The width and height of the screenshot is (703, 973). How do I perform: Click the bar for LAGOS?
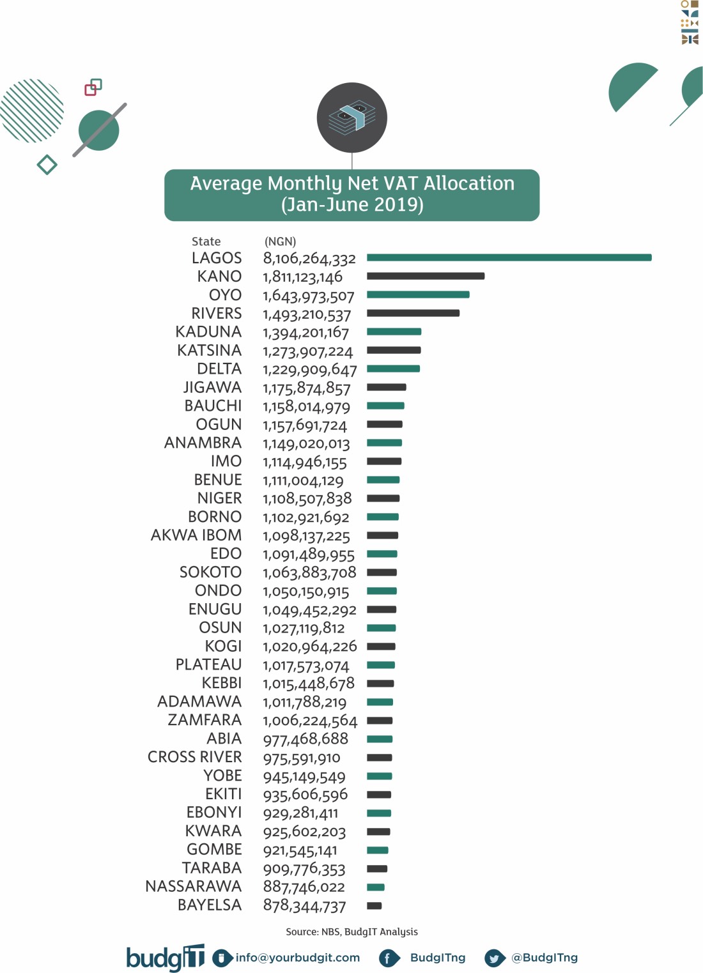[509, 257]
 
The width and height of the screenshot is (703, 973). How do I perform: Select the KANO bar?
[426, 276]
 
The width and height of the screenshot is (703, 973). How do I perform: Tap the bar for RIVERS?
[413, 313]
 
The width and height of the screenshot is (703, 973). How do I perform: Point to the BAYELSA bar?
[374, 905]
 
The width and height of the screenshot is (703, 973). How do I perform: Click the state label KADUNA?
[208, 332]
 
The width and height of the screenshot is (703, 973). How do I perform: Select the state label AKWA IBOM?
[196, 535]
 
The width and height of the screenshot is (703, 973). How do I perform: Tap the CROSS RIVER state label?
[194, 757]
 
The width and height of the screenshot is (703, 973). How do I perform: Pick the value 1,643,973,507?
[308, 296]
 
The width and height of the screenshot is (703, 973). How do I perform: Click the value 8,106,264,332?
[309, 259]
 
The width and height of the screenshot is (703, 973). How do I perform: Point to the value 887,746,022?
[304, 887]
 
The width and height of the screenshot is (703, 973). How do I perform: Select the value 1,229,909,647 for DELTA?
[309, 370]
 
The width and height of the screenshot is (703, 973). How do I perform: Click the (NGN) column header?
[280, 241]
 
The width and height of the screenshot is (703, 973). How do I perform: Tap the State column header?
[206, 241]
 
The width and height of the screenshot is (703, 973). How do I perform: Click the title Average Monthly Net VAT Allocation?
[352, 183]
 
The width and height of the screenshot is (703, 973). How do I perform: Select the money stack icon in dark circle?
[352, 118]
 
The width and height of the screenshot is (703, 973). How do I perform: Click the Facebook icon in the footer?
[388, 958]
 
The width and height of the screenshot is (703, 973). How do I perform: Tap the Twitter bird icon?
[494, 958]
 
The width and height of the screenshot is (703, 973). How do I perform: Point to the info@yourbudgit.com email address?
[297, 958]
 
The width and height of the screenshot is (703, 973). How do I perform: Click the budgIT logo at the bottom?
[165, 958]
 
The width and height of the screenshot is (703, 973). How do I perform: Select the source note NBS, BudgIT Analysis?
[351, 931]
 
